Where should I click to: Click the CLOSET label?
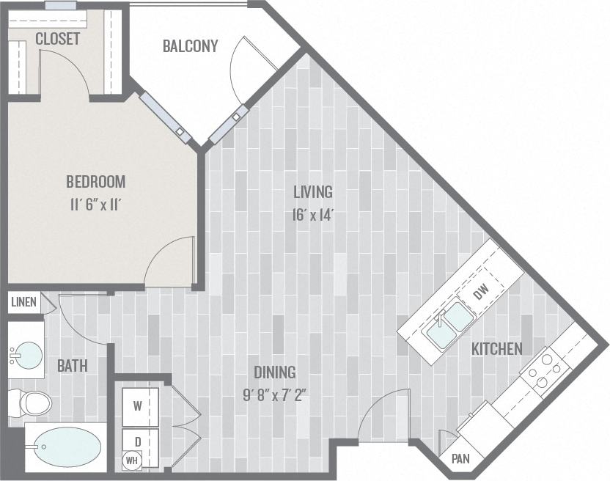click(x=57, y=39)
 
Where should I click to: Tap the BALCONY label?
click(x=190, y=46)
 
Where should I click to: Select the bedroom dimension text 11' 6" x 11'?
click(x=96, y=205)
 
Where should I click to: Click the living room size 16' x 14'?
click(x=313, y=217)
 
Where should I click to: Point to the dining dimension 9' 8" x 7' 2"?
click(x=274, y=395)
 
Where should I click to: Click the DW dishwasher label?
click(x=480, y=293)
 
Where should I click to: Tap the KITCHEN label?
click(x=497, y=349)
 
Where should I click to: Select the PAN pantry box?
click(x=460, y=459)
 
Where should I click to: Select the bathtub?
click(x=66, y=447)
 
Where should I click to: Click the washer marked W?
click(x=139, y=404)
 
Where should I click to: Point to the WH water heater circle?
click(x=131, y=461)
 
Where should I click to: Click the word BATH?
click(x=72, y=365)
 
